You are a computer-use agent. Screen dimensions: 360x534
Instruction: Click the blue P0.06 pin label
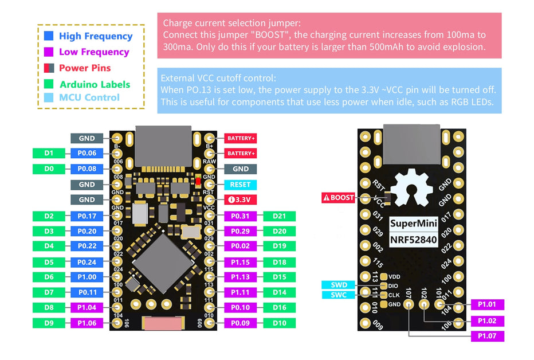point(87,153)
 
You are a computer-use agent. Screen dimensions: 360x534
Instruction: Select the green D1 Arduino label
point(49,153)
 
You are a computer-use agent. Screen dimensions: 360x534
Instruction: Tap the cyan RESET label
point(240,185)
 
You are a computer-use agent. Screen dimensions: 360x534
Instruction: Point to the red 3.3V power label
point(240,200)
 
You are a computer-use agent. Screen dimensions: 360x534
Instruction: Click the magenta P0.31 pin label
point(240,216)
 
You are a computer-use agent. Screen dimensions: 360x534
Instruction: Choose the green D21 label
point(279,216)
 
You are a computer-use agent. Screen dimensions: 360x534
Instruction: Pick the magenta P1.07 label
point(487,336)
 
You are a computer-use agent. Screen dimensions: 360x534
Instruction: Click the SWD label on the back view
point(339,285)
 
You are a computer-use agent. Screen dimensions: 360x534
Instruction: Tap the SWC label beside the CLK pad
point(339,295)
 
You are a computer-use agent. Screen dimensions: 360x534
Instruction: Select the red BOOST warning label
point(339,198)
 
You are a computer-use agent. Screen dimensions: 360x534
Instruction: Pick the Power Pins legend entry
point(85,68)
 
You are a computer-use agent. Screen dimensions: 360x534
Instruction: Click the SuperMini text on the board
point(414,224)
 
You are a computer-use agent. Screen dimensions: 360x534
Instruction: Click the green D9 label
point(49,323)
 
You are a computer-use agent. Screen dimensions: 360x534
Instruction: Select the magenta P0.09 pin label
point(240,323)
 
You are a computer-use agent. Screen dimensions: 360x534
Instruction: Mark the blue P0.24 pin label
point(87,262)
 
